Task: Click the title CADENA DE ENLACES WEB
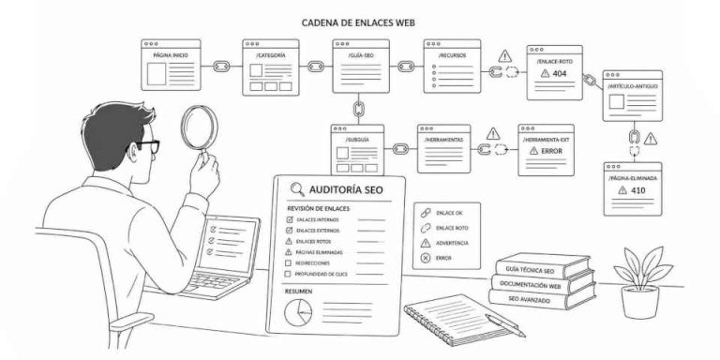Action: pyautogui.click(x=358, y=22)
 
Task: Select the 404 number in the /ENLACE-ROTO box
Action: pyautogui.click(x=560, y=73)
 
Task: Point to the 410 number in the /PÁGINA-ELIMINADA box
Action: pyautogui.click(x=637, y=190)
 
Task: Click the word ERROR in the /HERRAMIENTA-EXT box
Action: pyautogui.click(x=551, y=151)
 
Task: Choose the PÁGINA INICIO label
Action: pyautogui.click(x=171, y=55)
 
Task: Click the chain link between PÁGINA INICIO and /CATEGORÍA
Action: pyautogui.click(x=221, y=67)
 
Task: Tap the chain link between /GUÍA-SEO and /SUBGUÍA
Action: pyautogui.click(x=358, y=109)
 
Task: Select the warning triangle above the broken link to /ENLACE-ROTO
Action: pyautogui.click(x=504, y=56)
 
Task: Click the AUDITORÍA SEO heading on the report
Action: pyautogui.click(x=346, y=189)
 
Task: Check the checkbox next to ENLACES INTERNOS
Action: pyautogui.click(x=289, y=220)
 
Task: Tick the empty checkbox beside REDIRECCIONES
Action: pyautogui.click(x=288, y=263)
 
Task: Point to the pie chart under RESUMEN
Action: pyautogui.click(x=298, y=313)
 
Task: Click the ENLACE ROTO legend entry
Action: pyautogui.click(x=444, y=228)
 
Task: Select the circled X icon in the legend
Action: pyautogui.click(x=426, y=258)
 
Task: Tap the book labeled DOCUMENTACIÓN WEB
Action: pyautogui.click(x=542, y=286)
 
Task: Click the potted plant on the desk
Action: pyautogui.click(x=640, y=282)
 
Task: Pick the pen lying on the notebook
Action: pyautogui.click(x=505, y=325)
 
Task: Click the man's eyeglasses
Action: pyautogui.click(x=148, y=146)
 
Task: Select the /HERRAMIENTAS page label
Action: pyautogui.click(x=443, y=140)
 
